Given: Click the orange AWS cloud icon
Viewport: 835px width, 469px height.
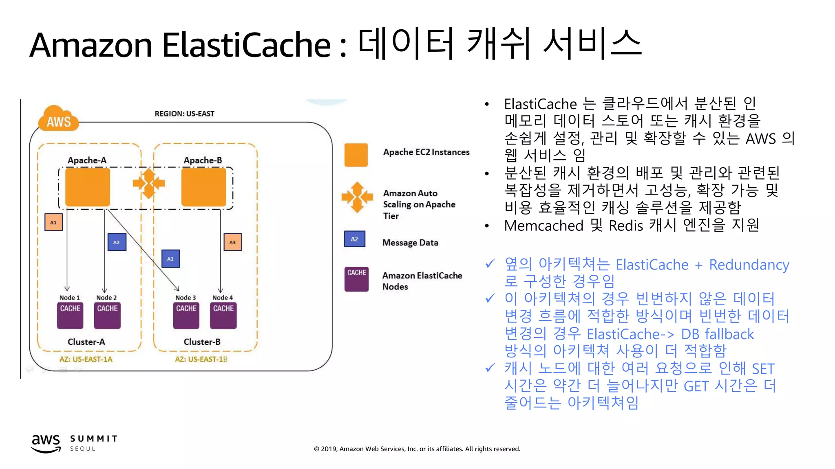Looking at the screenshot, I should [x=58, y=119].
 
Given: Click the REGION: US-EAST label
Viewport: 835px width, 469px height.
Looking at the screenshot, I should [x=184, y=114].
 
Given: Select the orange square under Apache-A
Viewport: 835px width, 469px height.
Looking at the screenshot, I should [x=88, y=187].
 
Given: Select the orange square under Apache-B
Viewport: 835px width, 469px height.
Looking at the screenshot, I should [x=203, y=187].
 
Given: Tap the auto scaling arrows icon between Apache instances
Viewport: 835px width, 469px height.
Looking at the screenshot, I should [x=148, y=184].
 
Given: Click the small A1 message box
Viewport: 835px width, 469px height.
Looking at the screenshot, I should [x=53, y=222].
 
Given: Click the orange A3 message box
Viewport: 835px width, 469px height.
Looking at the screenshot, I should [x=232, y=242].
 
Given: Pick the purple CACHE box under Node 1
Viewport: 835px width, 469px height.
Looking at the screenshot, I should [x=70, y=315].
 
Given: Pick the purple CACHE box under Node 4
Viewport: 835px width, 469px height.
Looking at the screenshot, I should [x=223, y=315].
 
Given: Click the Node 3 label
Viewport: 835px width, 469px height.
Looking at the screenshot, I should [x=186, y=298].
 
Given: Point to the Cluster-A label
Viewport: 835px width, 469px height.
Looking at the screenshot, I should [x=86, y=342].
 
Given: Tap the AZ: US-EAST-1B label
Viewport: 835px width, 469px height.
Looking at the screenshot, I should [x=201, y=359].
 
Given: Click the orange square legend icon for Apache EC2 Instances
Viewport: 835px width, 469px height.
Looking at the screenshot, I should [x=356, y=155].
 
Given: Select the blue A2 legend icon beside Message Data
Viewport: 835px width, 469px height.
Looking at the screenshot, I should [x=354, y=239].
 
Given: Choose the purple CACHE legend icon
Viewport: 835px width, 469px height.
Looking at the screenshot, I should [x=356, y=279].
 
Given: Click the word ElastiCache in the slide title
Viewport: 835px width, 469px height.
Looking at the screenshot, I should [x=246, y=45].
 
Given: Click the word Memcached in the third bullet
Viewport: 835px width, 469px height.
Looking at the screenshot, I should [x=543, y=226].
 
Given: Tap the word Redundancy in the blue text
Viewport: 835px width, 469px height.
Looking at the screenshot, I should [x=749, y=265].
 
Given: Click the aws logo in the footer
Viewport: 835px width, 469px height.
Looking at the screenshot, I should [x=46, y=443].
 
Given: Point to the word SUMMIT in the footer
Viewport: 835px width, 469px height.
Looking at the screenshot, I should [x=94, y=438].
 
